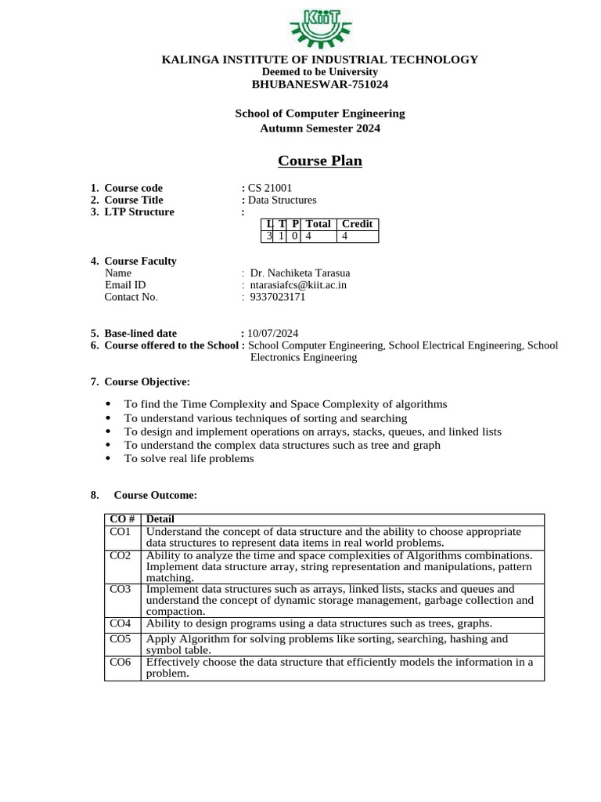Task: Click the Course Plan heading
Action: pos(320,161)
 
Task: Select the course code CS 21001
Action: pos(270,188)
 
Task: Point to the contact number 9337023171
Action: pos(278,297)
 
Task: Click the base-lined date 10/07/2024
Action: pos(273,333)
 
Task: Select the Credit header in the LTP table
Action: pos(357,224)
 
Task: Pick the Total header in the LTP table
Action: pos(318,224)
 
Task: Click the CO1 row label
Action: pos(121,532)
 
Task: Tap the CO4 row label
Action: pos(121,623)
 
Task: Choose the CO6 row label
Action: pos(121,662)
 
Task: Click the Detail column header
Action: pos(160,518)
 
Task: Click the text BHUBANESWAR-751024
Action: pos(320,84)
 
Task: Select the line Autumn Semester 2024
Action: pos(320,128)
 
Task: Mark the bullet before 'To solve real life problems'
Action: pos(108,459)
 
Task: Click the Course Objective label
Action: pos(147,381)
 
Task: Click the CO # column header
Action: pos(122,518)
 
